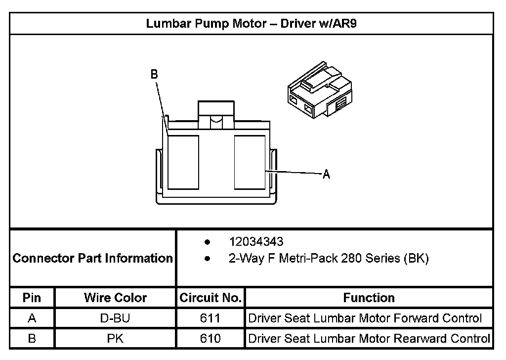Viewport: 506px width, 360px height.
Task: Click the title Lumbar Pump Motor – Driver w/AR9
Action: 251,24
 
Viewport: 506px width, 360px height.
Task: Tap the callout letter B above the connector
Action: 154,74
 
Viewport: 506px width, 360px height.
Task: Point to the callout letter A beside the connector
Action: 326,174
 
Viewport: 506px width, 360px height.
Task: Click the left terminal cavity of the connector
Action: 183,162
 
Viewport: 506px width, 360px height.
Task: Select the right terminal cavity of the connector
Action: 250,162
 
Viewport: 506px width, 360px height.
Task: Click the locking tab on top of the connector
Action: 215,114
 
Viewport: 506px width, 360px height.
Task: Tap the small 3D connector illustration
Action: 320,92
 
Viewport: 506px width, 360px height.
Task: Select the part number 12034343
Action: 256,242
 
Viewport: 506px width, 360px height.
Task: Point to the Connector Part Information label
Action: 92,258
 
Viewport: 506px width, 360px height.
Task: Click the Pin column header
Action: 32,298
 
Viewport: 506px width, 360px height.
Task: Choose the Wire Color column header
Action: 115,298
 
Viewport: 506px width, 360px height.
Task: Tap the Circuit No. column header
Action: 211,298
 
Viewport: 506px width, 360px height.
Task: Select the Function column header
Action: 369,298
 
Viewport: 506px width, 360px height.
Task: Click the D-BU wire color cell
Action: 115,318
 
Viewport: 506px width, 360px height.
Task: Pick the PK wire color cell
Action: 115,339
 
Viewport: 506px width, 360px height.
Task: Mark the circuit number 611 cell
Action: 211,318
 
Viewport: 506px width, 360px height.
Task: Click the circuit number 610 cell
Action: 211,339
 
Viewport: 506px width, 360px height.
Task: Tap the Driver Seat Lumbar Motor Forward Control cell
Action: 365,318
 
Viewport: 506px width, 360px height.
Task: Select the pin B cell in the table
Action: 32,339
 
